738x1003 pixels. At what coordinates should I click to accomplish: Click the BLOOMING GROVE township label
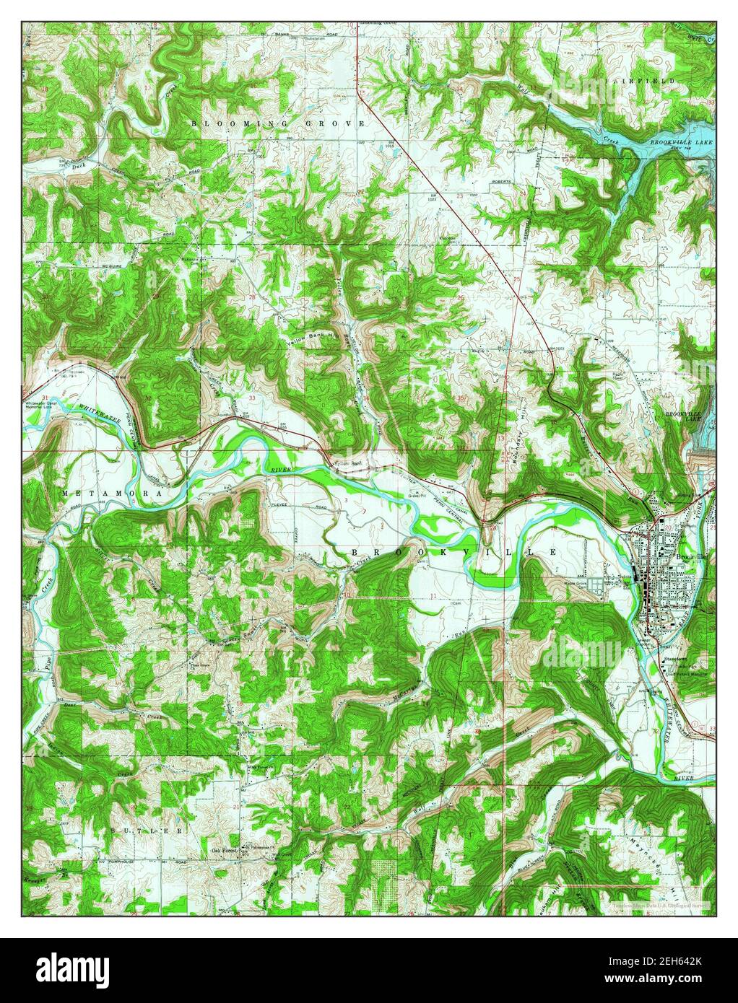(278, 124)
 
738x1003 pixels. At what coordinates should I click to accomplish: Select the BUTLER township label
(144, 831)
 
